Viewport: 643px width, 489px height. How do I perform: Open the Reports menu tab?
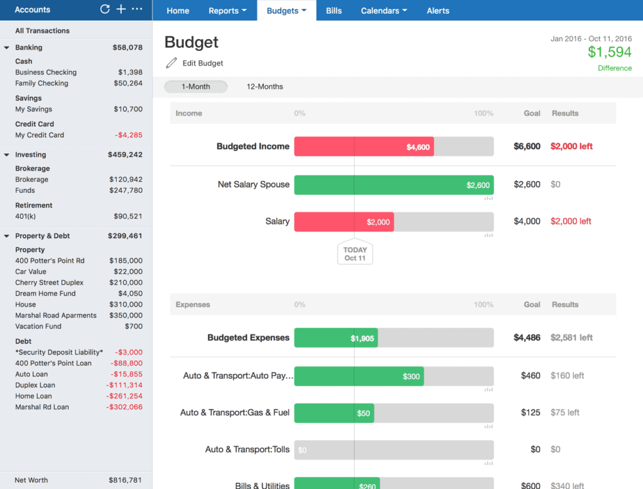[227, 11]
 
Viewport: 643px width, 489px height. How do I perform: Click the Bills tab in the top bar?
[334, 11]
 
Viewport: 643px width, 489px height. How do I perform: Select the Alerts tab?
[438, 11]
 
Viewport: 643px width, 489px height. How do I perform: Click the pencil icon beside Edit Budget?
[171, 63]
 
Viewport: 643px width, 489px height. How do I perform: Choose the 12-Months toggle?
[264, 87]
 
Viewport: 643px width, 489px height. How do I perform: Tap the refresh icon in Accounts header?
[105, 9]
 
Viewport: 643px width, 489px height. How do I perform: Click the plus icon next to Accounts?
[121, 9]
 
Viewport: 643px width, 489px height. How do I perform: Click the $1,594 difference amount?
[609, 52]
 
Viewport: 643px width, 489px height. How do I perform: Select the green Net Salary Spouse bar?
[394, 185]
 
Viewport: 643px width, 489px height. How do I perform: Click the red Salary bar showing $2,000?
[343, 222]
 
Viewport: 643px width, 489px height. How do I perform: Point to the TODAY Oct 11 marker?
[355, 253]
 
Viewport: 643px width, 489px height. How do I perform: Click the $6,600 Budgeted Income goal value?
[527, 146]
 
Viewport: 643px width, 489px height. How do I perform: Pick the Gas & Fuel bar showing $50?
[333, 413]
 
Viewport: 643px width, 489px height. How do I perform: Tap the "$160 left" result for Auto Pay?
[567, 376]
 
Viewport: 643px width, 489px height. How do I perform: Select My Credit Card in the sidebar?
[40, 135]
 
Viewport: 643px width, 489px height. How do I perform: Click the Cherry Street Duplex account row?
[49, 283]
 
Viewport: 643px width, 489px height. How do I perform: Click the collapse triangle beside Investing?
[6, 155]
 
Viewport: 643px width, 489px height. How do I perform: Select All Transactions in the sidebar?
[42, 31]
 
